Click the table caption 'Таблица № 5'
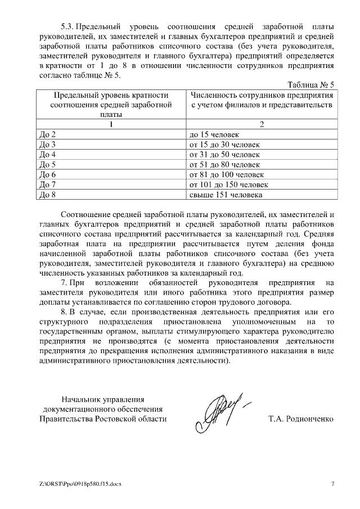310,85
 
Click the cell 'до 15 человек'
215,134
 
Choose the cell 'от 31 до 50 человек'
225,155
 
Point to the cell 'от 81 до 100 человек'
227,175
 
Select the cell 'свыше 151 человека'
226,195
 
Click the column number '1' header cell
111,124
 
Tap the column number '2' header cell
261,124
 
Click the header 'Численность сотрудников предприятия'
261,94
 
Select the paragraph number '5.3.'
67,27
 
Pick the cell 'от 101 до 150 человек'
229,185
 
